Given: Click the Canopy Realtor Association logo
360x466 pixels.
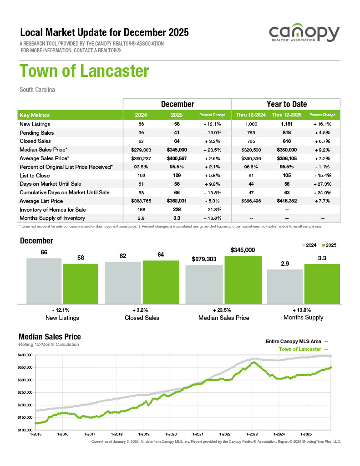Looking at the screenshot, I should tap(304, 35).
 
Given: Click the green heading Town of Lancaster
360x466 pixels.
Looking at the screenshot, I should tap(84, 71).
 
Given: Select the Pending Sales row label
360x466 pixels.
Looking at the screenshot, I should tap(37, 133).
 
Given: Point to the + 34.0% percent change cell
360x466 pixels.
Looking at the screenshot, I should tap(322, 192).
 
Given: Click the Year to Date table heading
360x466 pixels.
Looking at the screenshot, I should tap(286, 104).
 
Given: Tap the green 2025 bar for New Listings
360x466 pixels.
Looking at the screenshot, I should tap(81, 283).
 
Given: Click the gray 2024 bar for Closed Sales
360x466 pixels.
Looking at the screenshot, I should tap(123, 282).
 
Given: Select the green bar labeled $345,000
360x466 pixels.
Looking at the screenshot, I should tap(243, 279).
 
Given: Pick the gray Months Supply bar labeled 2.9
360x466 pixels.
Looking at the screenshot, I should tap(285, 286).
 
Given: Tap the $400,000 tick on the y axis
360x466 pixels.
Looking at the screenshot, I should tap(25, 355).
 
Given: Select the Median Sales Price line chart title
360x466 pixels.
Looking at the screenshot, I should tap(50, 337).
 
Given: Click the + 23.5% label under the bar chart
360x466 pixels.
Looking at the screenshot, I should tap(223, 309).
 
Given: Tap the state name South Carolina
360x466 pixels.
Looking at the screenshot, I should tap(37, 90).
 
